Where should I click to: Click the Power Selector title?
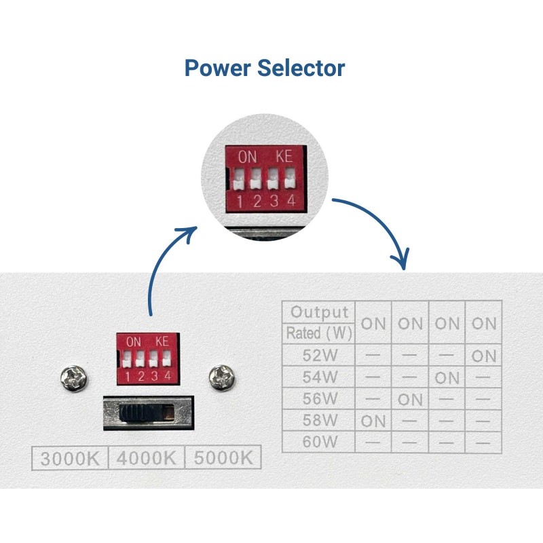point(265,69)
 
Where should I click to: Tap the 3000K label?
point(69,457)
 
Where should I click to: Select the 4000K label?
point(146,457)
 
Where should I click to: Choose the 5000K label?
point(223,457)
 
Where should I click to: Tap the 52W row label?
point(320,355)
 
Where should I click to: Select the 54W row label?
point(320,377)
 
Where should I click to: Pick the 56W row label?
point(320,399)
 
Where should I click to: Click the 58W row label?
point(320,421)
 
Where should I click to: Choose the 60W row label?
point(320,443)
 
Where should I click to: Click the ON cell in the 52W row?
point(484,356)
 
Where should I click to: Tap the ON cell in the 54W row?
point(447,377)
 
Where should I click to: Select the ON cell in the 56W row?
point(410,399)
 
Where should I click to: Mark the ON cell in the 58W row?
point(373,421)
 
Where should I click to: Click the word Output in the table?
point(320,312)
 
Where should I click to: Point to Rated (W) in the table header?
point(318,333)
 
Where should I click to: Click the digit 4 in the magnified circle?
point(291,200)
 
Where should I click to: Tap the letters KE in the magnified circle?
point(284,156)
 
